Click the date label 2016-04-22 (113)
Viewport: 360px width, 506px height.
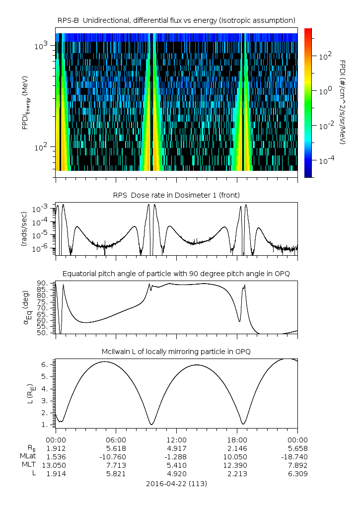point(176,483)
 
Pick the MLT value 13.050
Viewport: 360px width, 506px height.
point(56,465)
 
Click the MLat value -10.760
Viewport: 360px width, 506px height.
point(116,456)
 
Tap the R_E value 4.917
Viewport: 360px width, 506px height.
point(176,448)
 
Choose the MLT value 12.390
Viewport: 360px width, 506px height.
point(237,465)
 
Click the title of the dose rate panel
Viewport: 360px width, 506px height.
point(176,196)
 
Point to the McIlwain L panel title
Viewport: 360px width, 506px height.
point(176,352)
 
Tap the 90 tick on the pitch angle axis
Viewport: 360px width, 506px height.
point(42,283)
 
